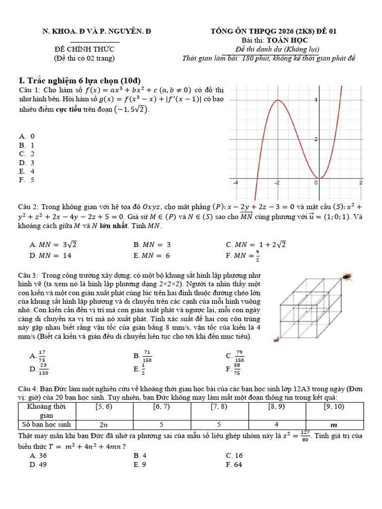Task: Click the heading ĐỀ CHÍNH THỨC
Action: pyautogui.click(x=84, y=49)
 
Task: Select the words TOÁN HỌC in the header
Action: pyautogui.click(x=287, y=40)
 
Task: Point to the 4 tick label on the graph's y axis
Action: pyautogui.click(x=315, y=100)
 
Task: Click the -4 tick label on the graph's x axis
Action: pyautogui.click(x=236, y=183)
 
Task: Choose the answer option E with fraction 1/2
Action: pyautogui.click(x=139, y=369)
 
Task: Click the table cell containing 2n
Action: pyautogui.click(x=104, y=425)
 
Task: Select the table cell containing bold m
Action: pyautogui.click(x=334, y=425)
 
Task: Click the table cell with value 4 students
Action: pyautogui.click(x=277, y=425)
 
